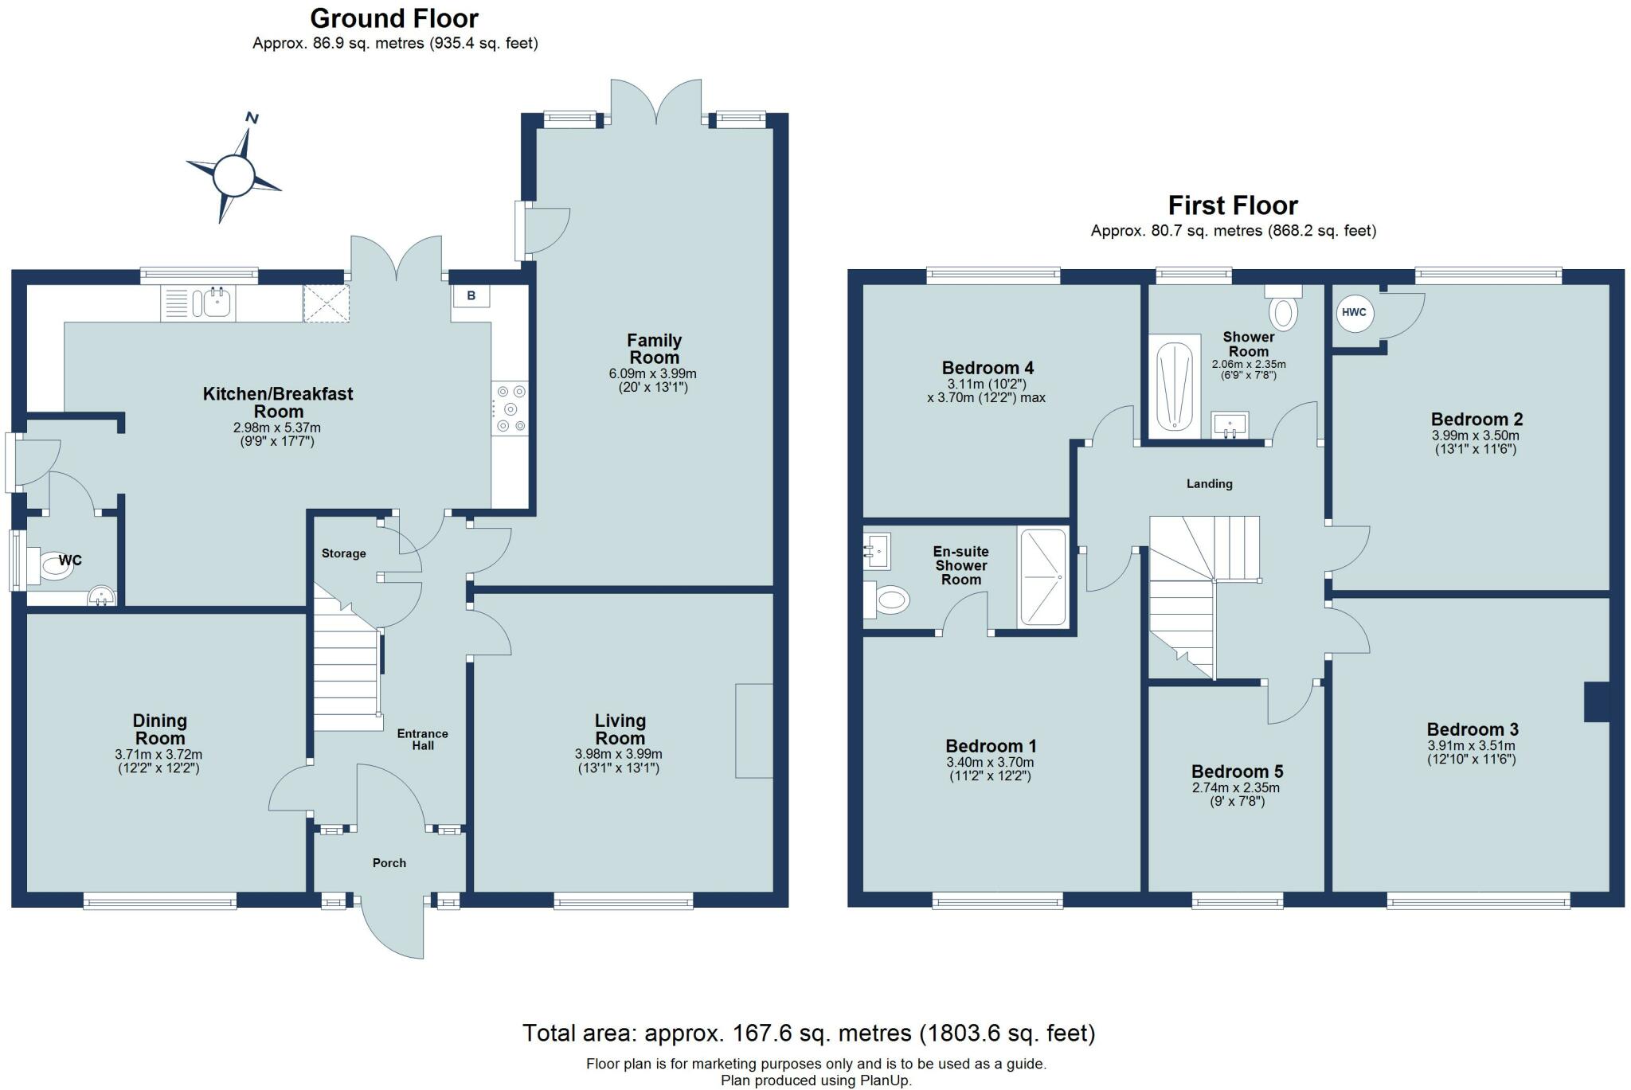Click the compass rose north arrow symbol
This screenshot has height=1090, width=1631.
(234, 173)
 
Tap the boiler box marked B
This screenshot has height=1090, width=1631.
(471, 295)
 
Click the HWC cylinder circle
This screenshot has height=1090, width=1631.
(1354, 312)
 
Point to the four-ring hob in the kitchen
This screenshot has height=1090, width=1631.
(510, 408)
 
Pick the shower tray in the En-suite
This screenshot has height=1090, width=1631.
(1042, 577)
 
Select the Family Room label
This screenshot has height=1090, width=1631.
(654, 349)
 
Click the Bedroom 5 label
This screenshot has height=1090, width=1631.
(1237, 772)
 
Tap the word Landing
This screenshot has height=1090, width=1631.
(1209, 483)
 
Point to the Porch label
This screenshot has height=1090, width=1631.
(389, 863)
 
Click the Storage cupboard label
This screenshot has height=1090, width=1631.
(344, 553)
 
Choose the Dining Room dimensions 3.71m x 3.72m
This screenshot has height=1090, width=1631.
(158, 754)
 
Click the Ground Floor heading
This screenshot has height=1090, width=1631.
(394, 18)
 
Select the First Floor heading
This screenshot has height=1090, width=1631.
(1233, 205)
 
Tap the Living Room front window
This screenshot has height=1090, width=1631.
(624, 901)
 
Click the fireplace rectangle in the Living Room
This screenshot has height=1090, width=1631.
(754, 730)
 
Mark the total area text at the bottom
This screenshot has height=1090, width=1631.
(809, 1033)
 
